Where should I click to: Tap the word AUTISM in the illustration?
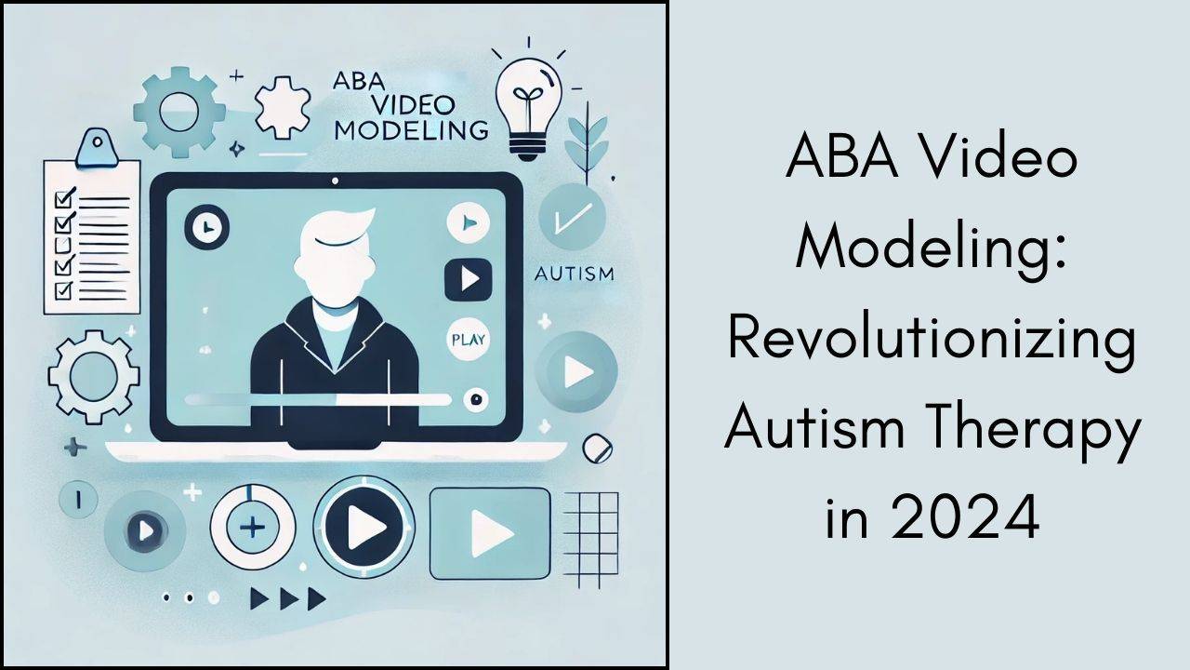coord(575,275)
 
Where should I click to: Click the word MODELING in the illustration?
coord(410,129)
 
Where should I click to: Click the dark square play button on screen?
coord(469,277)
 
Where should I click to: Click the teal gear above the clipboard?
coord(179,111)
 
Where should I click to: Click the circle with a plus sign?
coord(253,529)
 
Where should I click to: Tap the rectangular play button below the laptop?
coord(489,531)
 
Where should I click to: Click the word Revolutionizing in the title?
coord(932,341)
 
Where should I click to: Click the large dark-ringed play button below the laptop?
coord(364,529)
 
